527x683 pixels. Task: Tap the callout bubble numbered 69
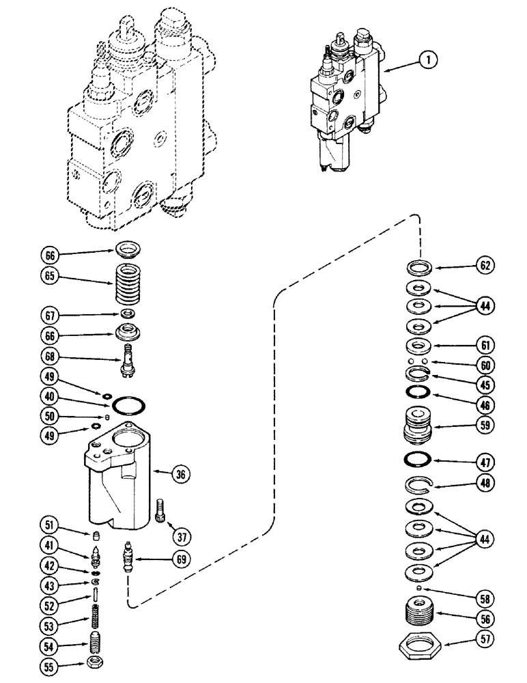coord(180,559)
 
